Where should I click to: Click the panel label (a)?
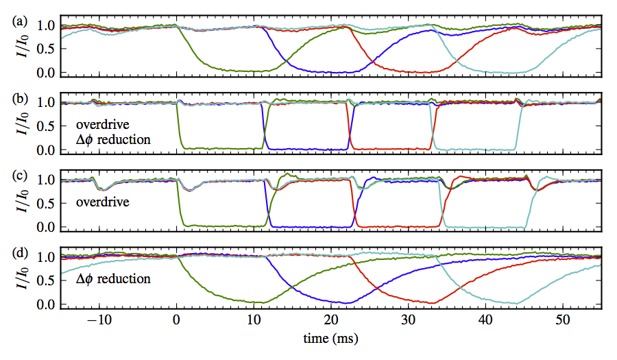pyautogui.click(x=19, y=22)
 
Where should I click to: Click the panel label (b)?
pyautogui.click(x=19, y=98)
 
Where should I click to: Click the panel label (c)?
pyautogui.click(x=19, y=175)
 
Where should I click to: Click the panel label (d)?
pyautogui.click(x=19, y=252)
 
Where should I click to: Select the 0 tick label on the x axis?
pyautogui.click(x=177, y=320)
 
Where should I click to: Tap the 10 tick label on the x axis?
pyautogui.click(x=254, y=320)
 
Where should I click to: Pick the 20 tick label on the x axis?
pyautogui.click(x=331, y=320)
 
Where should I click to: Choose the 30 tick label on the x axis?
pyautogui.click(x=408, y=320)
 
